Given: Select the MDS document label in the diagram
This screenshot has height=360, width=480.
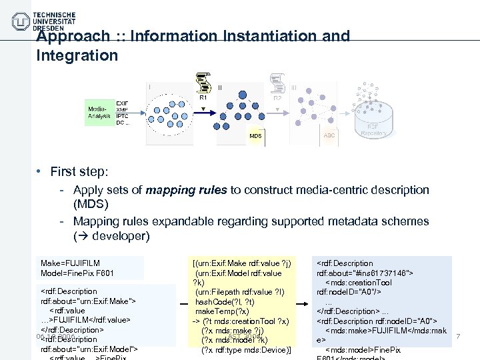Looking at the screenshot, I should (255, 136).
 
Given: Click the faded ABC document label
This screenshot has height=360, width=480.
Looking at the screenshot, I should (329, 135).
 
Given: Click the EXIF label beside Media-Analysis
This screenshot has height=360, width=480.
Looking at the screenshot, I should (122, 103).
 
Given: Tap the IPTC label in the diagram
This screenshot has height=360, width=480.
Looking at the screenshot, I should (122, 116).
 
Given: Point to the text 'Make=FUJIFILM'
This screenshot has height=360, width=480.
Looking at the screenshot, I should (70, 263).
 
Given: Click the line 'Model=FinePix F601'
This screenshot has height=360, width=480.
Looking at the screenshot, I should (78, 273).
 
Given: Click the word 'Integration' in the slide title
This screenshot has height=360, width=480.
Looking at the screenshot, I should (77, 55).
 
